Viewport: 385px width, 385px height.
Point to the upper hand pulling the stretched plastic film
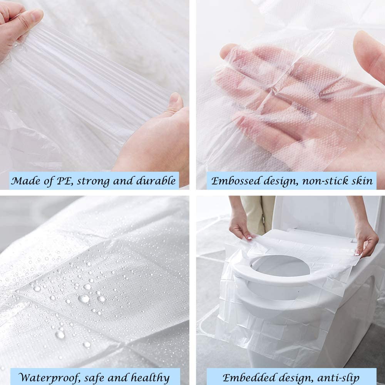coord(19,23)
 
